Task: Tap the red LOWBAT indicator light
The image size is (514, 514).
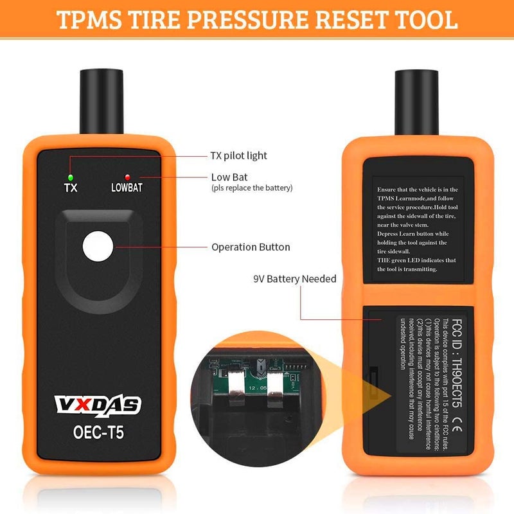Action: [x=128, y=177]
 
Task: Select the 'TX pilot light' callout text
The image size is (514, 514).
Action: [x=238, y=155]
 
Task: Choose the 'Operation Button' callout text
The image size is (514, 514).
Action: [x=251, y=247]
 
